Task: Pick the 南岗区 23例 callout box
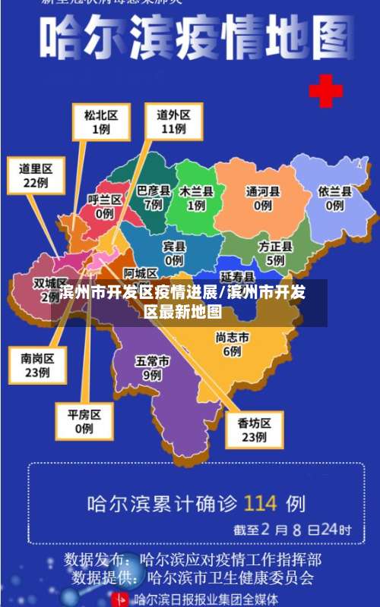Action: (x=36, y=364)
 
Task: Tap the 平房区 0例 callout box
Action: (x=84, y=421)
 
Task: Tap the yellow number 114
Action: (x=260, y=502)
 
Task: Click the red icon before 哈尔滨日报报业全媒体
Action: (x=121, y=599)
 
